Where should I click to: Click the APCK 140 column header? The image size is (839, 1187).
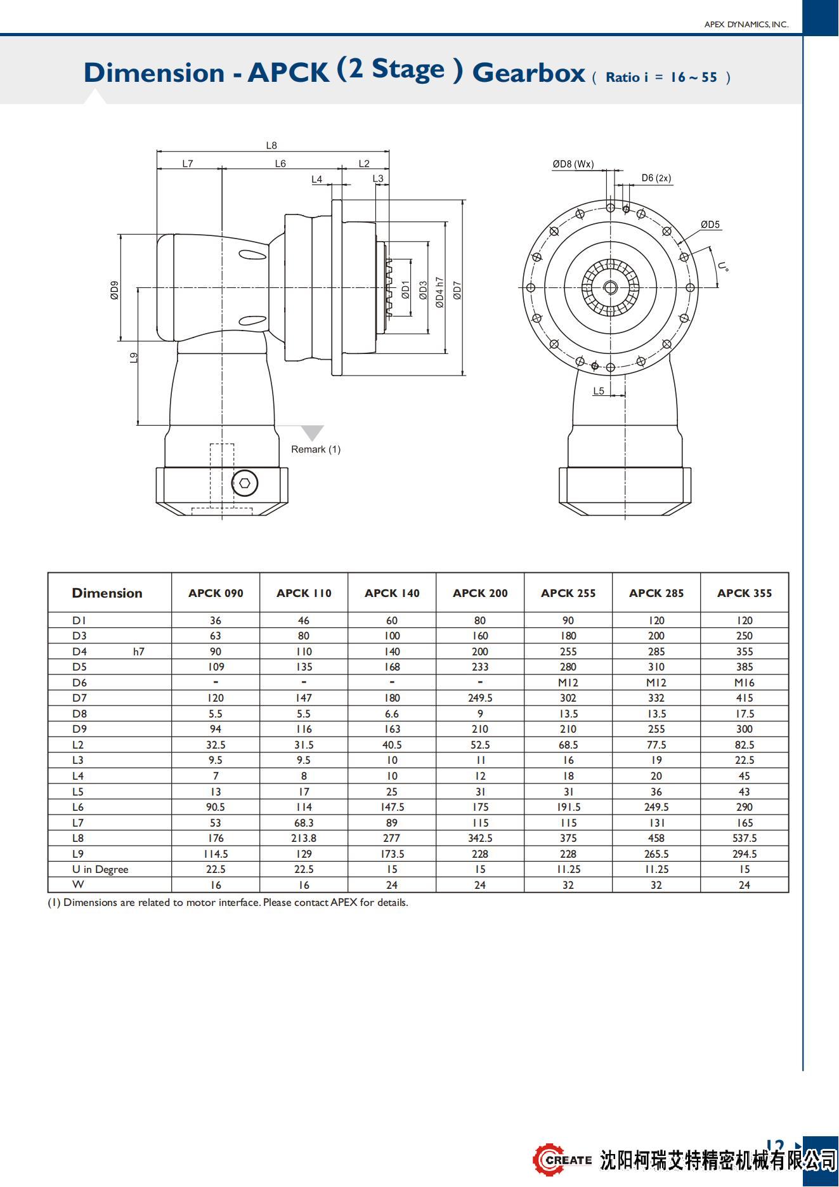tap(392, 593)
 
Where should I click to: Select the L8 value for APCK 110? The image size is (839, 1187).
tap(304, 838)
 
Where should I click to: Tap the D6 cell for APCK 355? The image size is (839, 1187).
tap(744, 683)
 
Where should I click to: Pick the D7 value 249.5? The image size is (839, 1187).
tap(480, 698)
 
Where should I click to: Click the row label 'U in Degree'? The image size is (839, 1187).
tap(100, 869)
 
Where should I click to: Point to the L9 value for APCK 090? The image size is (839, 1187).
tap(216, 854)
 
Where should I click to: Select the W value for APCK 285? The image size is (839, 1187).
tap(656, 885)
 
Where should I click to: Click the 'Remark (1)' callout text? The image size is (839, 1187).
tap(316, 449)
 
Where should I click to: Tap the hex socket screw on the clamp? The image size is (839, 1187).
tap(245, 483)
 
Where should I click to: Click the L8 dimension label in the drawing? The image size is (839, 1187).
tap(271, 145)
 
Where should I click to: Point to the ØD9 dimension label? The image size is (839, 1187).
tap(114, 290)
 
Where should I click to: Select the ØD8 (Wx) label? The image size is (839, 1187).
tap(573, 164)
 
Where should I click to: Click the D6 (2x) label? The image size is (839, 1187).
tap(656, 178)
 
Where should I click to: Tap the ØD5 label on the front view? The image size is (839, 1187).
tap(710, 225)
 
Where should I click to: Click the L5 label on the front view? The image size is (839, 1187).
tap(599, 391)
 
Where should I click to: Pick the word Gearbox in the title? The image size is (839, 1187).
tap(528, 73)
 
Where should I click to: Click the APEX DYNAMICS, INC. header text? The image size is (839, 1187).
tap(746, 24)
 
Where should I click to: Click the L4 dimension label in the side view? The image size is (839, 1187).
tap(317, 180)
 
